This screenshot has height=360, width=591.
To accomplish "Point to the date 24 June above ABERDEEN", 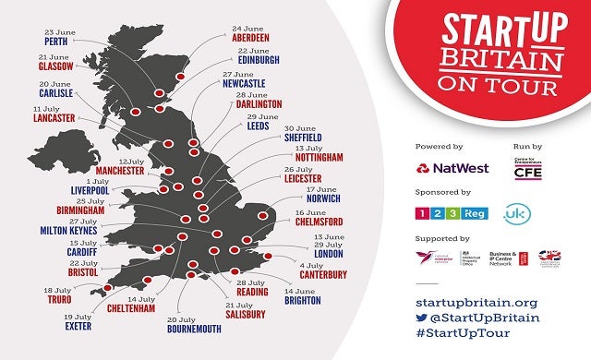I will (x=248, y=28).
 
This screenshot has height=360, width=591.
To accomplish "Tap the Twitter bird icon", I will (x=424, y=319).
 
